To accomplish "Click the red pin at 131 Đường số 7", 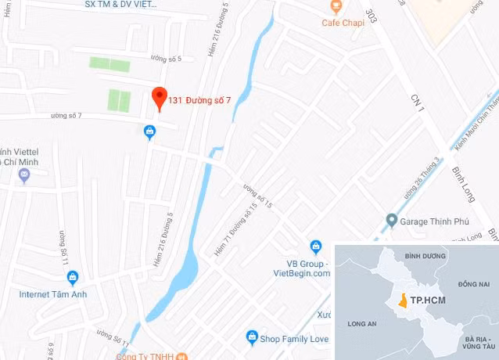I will coord(159,98).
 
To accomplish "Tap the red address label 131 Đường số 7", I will coord(199,99).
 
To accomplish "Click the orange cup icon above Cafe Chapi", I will coord(336,7).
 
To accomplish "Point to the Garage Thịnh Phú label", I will coord(436,221).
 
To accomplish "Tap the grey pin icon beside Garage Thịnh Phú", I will coord(392,221).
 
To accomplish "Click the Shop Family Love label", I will coord(295,339).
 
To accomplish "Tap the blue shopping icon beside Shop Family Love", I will coord(252,337).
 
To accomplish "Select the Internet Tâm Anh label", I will coord(53,294).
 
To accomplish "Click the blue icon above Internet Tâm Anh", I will coord(73,277).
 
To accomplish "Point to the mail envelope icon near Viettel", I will coord(24,175).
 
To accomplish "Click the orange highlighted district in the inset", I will coord(402,300).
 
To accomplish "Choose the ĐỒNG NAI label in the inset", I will coord(473,282).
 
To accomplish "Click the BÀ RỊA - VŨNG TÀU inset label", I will coord(474,341).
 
